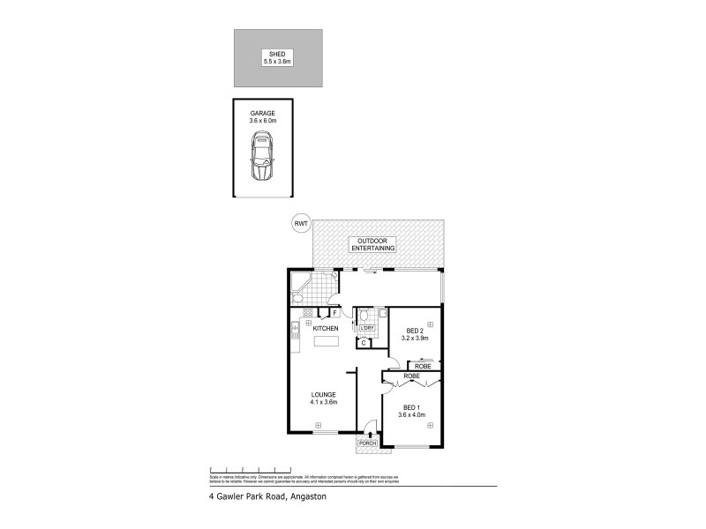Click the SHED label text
point(278,54)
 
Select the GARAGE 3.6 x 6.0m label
point(262,116)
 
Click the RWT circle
point(301,225)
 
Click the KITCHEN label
point(326,328)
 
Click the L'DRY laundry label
point(368,329)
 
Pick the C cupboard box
point(363,342)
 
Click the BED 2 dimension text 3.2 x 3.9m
point(414,338)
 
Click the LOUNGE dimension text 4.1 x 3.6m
point(325,402)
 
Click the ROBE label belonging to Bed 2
point(424,366)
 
